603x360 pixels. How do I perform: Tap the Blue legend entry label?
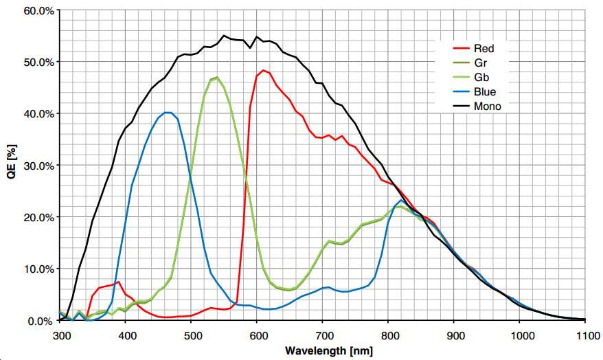pos(484,91)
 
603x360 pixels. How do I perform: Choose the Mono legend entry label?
pos(487,106)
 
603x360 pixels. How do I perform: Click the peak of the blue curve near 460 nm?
pos(167,112)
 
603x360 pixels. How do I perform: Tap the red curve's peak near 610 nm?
pos(263,70)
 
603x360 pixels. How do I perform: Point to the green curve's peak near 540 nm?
pos(217,78)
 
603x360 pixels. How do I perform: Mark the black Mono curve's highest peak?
pos(224,36)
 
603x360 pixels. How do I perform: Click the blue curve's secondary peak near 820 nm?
pos(401,200)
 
